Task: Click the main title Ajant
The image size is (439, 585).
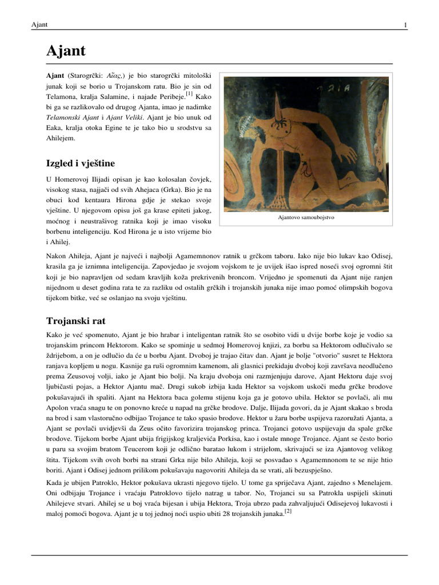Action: [x=66, y=51]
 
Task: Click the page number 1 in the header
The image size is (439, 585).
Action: [x=405, y=25]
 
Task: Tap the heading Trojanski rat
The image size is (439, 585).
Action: [x=75, y=321]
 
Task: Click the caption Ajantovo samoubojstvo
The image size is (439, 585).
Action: [x=306, y=218]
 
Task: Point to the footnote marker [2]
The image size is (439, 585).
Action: [x=289, y=511]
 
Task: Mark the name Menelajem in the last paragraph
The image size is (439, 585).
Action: [x=374, y=483]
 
